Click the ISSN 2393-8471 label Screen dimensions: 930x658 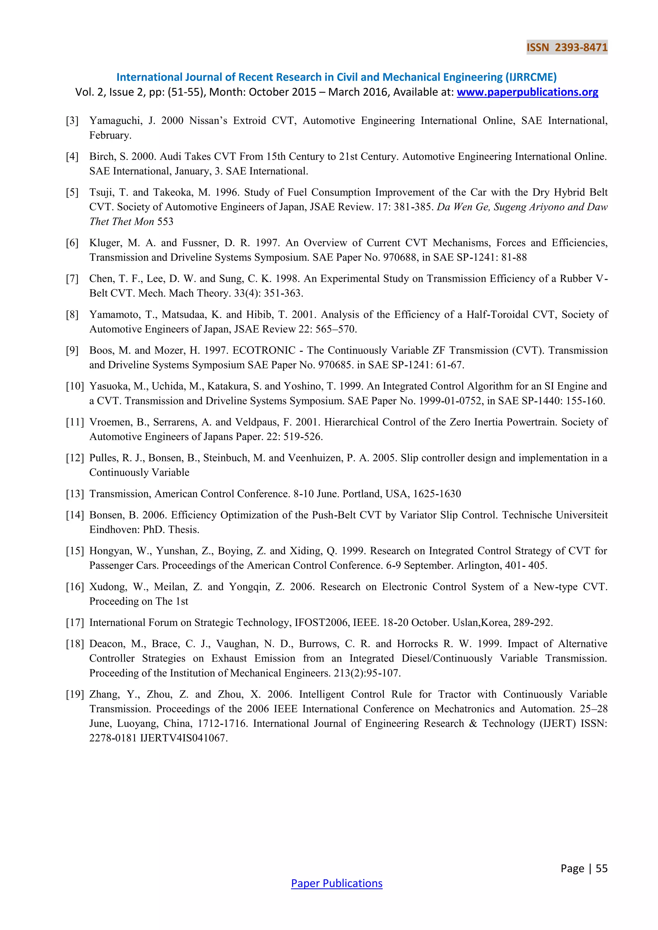click(x=566, y=48)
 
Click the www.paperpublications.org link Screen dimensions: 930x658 click(x=527, y=92)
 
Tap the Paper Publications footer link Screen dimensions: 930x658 click(x=336, y=883)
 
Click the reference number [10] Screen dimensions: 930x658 click(x=75, y=386)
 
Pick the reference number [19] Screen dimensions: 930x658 click(x=75, y=694)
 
